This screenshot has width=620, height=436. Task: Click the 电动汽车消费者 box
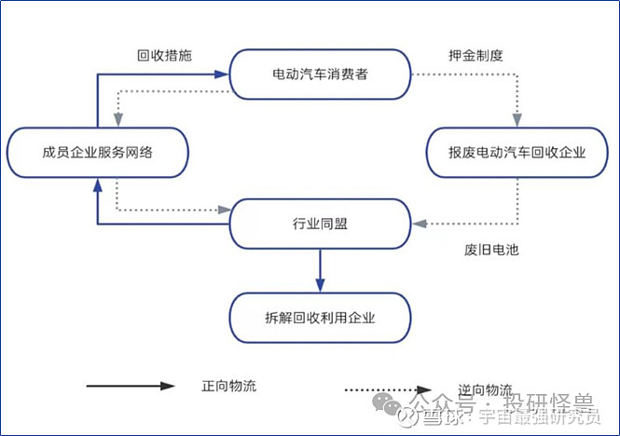320,74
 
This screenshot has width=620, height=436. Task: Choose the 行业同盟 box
320,224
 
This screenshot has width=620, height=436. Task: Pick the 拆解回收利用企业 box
320,318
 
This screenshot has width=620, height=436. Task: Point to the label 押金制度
476,55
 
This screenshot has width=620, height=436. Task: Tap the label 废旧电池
489,250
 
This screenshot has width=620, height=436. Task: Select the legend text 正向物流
228,385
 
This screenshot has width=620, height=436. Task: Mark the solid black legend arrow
131,385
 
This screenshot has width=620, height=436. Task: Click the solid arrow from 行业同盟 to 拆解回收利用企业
320,271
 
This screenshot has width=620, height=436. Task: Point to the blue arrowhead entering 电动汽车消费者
224,72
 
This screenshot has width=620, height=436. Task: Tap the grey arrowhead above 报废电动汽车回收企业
517,119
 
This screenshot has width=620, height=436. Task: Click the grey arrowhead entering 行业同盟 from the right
419,224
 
